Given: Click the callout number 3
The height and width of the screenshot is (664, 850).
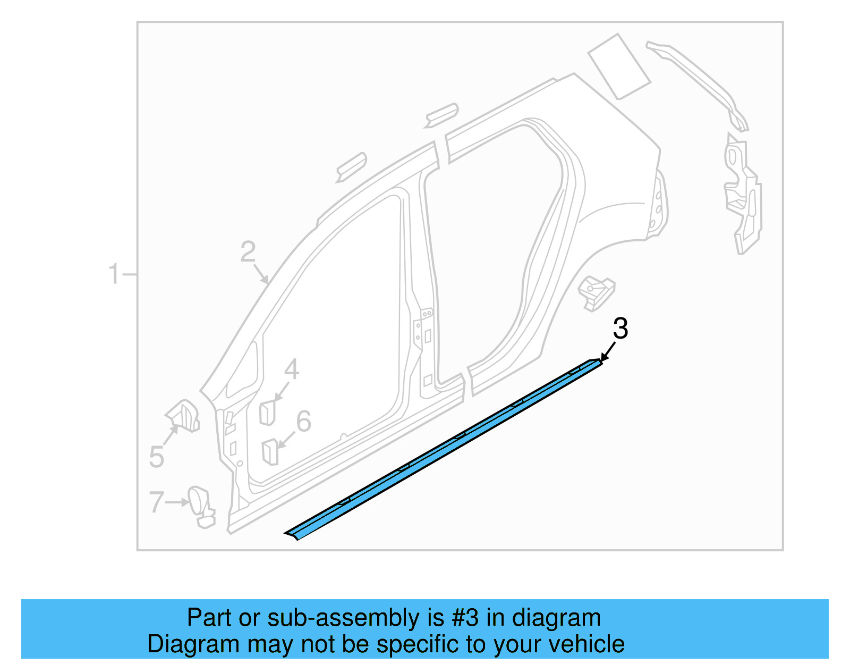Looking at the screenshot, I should pyautogui.click(x=620, y=329).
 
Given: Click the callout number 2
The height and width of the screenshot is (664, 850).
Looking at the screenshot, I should pyautogui.click(x=248, y=252).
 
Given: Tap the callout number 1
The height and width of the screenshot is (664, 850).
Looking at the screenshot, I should pyautogui.click(x=114, y=274).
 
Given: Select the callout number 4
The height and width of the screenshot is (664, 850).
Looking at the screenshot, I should pyautogui.click(x=291, y=369).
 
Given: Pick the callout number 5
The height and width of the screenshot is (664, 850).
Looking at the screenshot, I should pyautogui.click(x=156, y=457).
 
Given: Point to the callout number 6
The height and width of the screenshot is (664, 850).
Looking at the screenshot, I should pyautogui.click(x=303, y=422).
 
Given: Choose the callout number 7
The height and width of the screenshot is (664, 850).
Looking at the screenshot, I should pyautogui.click(x=156, y=502).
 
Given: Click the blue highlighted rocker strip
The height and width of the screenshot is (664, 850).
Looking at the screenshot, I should pyautogui.click(x=446, y=449).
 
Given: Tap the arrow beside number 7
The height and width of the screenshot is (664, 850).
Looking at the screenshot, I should pyautogui.click(x=177, y=502).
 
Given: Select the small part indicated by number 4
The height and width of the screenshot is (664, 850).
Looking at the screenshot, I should pyautogui.click(x=267, y=413).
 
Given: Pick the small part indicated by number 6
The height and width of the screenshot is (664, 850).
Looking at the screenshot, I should pyautogui.click(x=270, y=451).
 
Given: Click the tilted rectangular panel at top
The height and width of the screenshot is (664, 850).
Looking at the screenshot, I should pyautogui.click(x=619, y=66).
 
